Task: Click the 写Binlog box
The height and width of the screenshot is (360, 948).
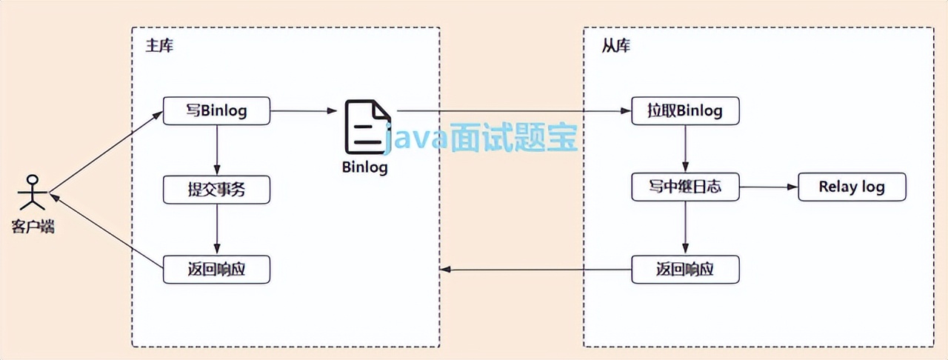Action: (216, 112)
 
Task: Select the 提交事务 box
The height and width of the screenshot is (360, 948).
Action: (216, 190)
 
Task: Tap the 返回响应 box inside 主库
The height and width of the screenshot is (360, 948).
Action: (216, 269)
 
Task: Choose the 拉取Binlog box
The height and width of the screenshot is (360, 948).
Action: (685, 112)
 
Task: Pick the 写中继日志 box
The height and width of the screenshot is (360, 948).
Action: (685, 187)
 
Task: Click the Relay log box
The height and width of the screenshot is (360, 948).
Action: (852, 187)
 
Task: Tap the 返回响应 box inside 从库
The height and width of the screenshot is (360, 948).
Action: (685, 269)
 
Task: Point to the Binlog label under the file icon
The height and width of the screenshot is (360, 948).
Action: (365, 166)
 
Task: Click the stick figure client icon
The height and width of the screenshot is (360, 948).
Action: (31, 193)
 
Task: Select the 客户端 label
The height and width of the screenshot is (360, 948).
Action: (32, 226)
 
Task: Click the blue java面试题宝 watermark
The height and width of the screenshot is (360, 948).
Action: (481, 138)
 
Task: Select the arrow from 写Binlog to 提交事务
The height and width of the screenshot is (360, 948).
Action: (216, 151)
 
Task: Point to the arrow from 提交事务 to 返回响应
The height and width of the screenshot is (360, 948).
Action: (216, 229)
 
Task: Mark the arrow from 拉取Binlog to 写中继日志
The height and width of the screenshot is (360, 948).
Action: (685, 150)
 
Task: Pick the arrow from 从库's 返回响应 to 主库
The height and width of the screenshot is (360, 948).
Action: (536, 269)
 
